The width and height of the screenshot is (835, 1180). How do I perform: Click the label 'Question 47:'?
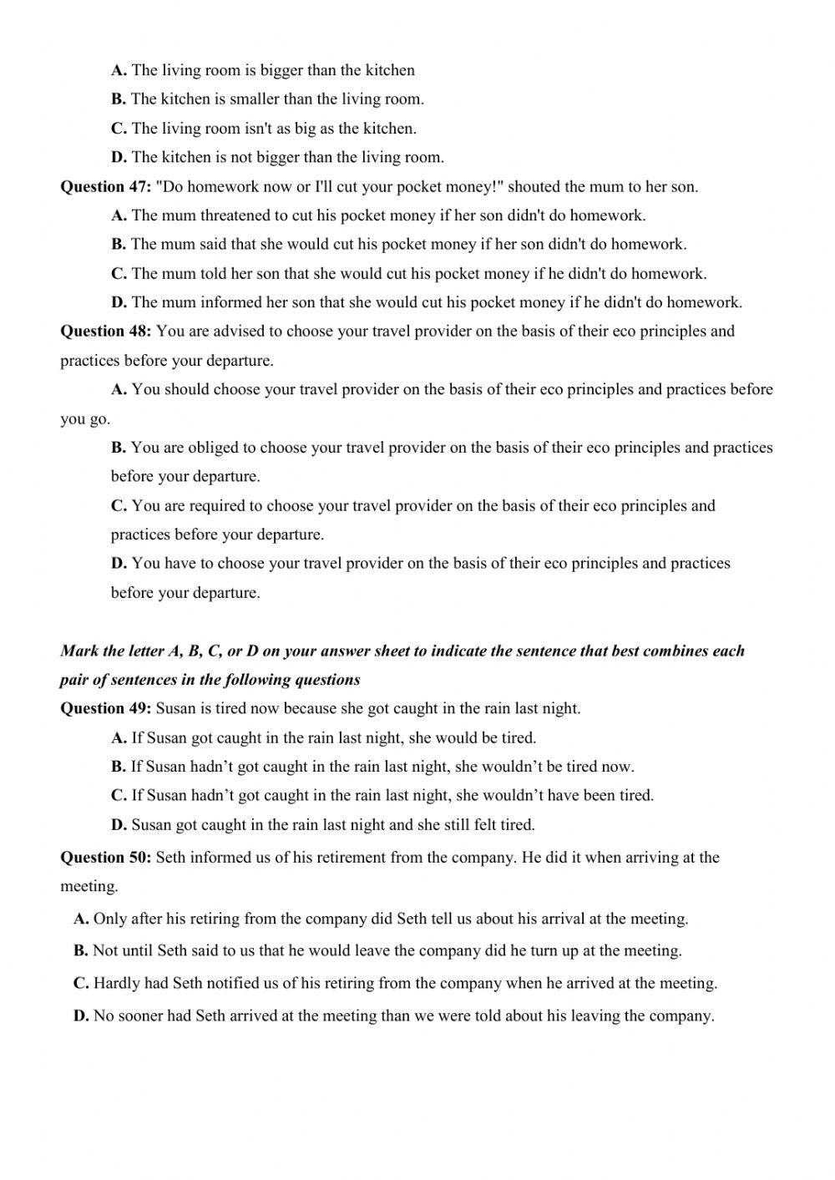tap(105, 186)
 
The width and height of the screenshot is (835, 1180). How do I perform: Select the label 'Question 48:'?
tap(105, 331)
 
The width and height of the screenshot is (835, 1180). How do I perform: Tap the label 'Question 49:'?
tap(105, 708)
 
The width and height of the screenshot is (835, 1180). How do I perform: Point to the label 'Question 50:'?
tap(105, 857)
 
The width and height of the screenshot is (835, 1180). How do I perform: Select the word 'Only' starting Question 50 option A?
tap(110, 919)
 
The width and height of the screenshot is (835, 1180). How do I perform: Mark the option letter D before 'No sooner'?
tap(81, 1016)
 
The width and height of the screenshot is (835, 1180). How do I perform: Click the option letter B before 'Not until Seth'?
tap(81, 950)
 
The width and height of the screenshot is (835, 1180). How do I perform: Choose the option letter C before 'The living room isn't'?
tap(119, 129)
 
